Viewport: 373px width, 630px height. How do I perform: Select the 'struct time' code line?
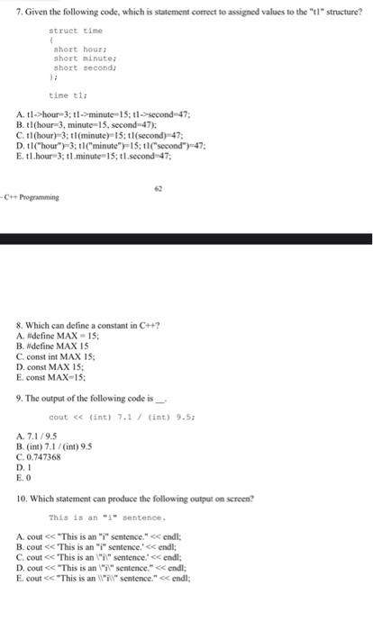pyautogui.click(x=69, y=30)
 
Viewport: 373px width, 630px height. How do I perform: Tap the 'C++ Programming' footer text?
pyautogui.click(x=32, y=196)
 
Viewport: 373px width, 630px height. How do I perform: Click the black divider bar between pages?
pyautogui.click(x=186, y=238)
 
